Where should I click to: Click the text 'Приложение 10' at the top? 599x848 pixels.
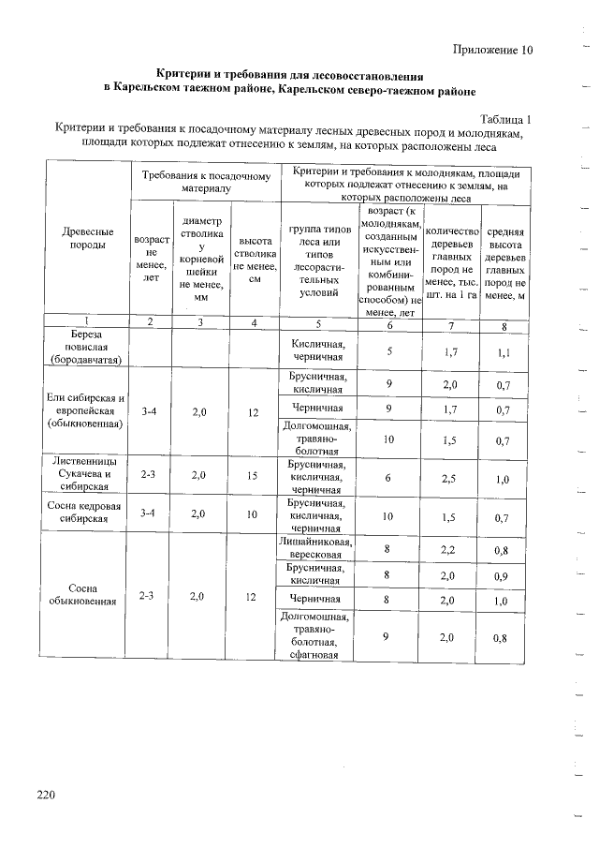pyautogui.click(x=491, y=50)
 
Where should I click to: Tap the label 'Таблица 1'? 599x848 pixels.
pyautogui.click(x=504, y=119)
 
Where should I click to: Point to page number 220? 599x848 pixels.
pyautogui.click(x=47, y=796)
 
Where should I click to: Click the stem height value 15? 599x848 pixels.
pyautogui.click(x=252, y=475)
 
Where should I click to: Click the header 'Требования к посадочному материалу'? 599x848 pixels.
pyautogui.click(x=206, y=182)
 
